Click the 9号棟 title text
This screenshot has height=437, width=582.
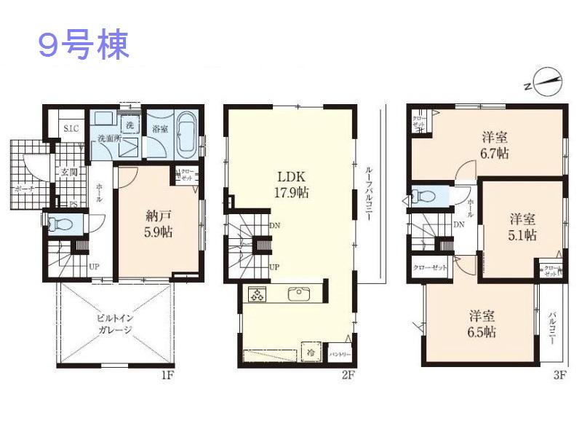click(84, 45)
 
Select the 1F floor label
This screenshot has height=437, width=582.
click(167, 376)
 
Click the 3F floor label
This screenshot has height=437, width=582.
click(559, 376)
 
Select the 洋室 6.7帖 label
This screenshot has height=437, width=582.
click(494, 145)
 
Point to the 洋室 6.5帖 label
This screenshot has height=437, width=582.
click(482, 324)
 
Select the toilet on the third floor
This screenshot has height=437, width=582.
click(424, 195)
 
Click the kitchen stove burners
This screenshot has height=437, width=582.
click(258, 295)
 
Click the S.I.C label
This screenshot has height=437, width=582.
click(71, 129)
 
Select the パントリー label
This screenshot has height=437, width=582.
click(340, 355)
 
